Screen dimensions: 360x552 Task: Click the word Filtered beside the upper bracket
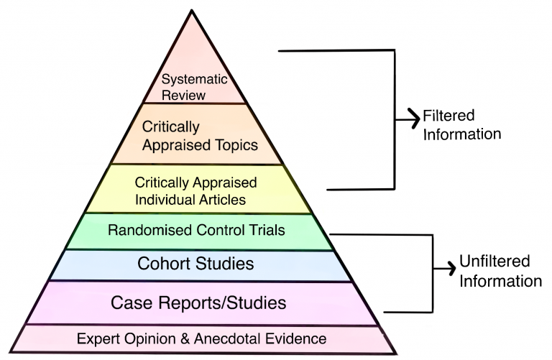(x=449, y=116)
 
